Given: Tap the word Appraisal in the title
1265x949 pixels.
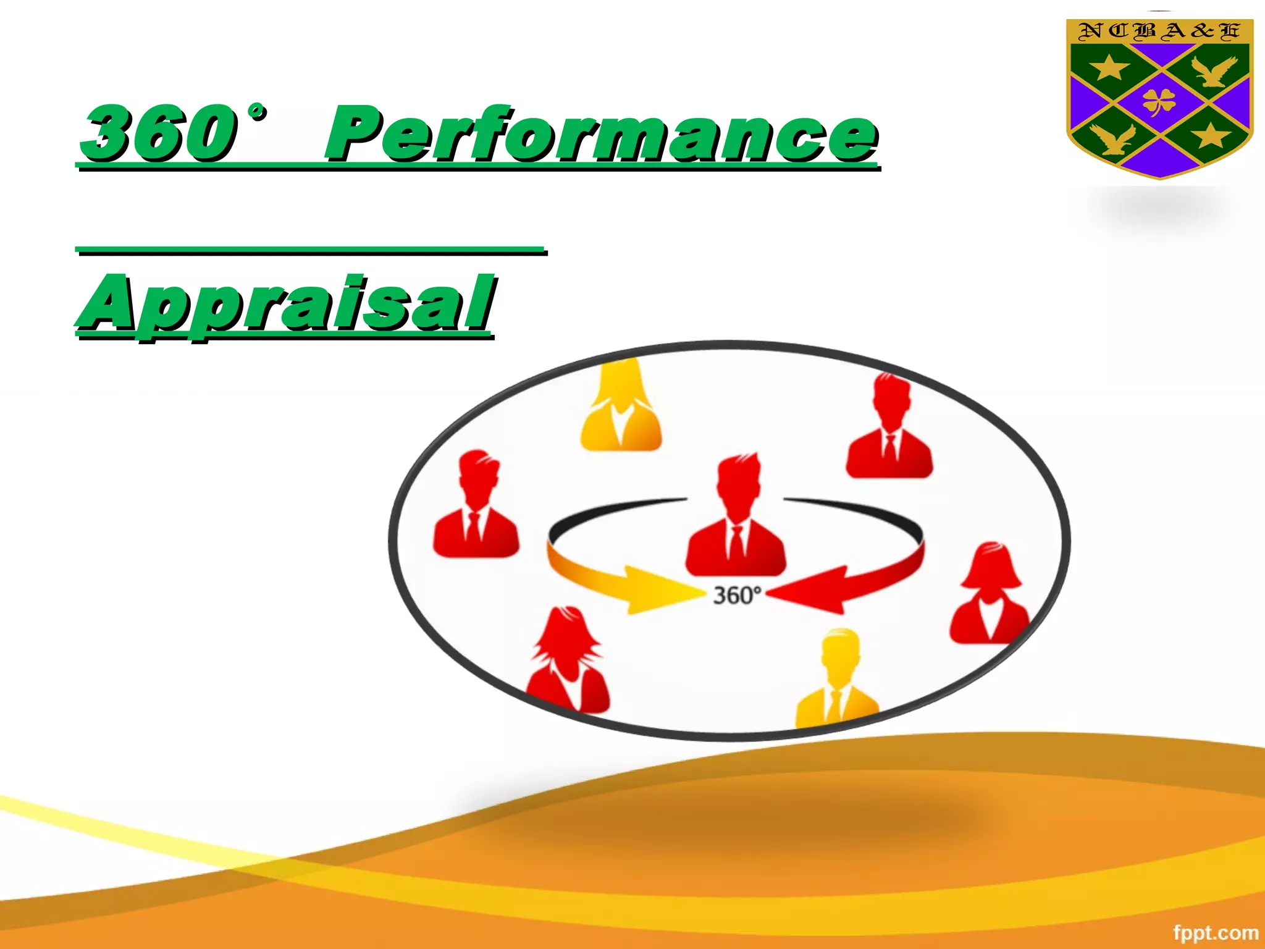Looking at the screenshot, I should pyautogui.click(x=285, y=304).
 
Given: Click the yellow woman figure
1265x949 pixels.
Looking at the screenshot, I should pyautogui.click(x=620, y=408).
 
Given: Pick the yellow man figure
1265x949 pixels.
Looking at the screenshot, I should pyautogui.click(x=838, y=680).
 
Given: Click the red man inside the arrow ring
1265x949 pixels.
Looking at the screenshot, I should pyautogui.click(x=736, y=519).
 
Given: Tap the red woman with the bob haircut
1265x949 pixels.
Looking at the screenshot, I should pyautogui.click(x=990, y=596).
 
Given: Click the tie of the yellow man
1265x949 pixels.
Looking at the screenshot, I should pyautogui.click(x=835, y=704).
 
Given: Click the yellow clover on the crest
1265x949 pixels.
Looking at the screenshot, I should pyautogui.click(x=1159, y=101).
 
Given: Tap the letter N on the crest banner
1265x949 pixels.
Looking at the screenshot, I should pyautogui.click(x=1089, y=31).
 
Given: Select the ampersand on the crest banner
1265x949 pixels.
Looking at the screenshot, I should pyautogui.click(x=1203, y=31).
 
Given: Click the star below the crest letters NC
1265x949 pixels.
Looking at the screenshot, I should pyautogui.click(x=1109, y=67).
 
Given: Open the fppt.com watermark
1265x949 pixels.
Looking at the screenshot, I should pyautogui.click(x=1215, y=932).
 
